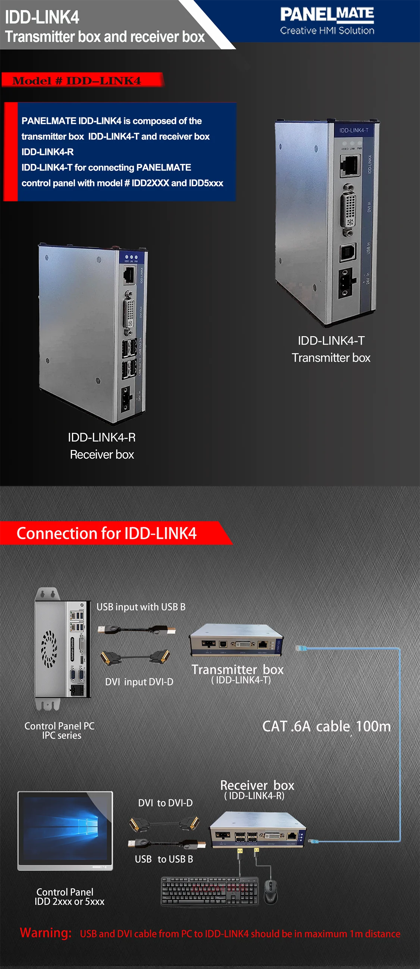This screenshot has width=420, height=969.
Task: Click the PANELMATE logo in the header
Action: (x=327, y=21)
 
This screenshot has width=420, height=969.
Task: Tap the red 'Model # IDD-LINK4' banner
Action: (x=77, y=81)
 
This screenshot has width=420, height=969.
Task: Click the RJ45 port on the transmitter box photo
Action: (x=350, y=166)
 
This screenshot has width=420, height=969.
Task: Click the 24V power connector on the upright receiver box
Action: (x=126, y=399)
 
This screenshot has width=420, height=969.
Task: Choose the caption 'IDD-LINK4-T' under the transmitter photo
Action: (x=331, y=341)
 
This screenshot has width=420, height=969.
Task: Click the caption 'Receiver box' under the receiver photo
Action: (x=101, y=454)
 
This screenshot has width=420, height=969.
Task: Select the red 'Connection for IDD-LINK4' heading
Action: (x=107, y=533)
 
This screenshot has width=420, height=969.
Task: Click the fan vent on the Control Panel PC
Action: (x=49, y=649)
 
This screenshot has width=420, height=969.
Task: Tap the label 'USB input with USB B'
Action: (x=141, y=607)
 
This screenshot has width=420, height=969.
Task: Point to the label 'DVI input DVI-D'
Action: (x=139, y=682)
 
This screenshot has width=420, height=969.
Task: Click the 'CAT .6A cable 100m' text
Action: (x=326, y=726)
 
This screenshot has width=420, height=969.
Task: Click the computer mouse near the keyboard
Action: (x=270, y=891)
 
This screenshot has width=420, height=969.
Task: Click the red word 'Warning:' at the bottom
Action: (x=46, y=933)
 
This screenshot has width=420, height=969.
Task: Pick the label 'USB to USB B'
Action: (x=164, y=859)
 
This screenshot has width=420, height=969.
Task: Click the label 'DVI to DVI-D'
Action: (x=165, y=803)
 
